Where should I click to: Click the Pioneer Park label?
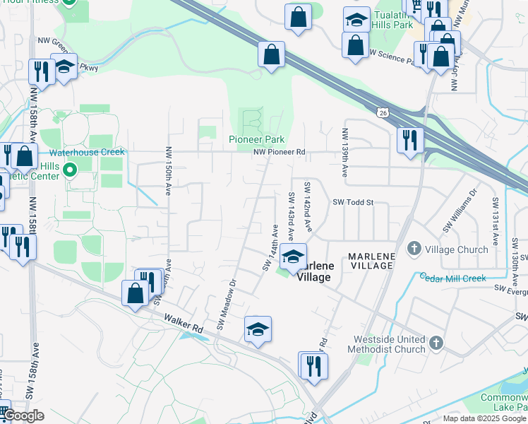256,139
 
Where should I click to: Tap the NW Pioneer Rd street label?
281,152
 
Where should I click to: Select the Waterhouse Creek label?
87,152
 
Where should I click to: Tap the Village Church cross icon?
414,249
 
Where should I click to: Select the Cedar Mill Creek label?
452,278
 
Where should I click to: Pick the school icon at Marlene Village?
293,257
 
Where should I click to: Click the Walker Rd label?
183,324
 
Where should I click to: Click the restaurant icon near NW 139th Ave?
409,140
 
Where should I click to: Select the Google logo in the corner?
23,416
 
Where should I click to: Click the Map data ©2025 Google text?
484,418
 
